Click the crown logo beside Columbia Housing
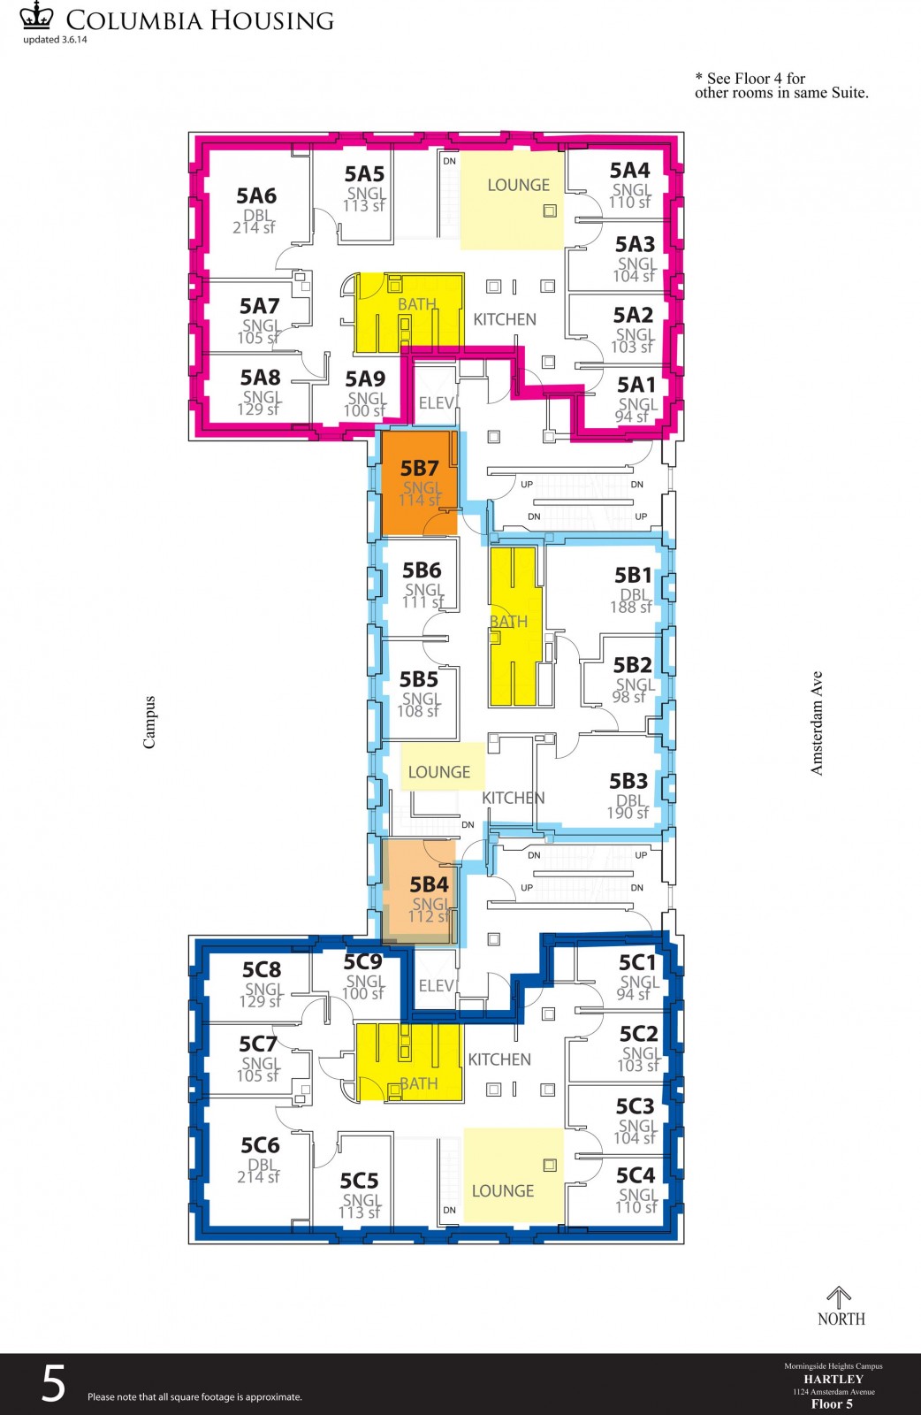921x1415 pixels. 36,16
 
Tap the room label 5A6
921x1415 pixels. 256,195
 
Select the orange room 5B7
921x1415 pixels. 419,482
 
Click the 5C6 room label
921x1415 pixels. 260,1145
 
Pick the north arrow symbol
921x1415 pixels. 839,1297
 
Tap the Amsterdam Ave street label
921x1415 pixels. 817,723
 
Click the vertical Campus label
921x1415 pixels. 149,722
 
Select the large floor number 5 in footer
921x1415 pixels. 54,1384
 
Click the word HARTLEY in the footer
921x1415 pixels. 833,1379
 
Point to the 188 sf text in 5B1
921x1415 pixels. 630,608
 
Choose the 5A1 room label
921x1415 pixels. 636,385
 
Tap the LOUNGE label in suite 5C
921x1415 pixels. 503,1191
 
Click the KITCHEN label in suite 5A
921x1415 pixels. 505,319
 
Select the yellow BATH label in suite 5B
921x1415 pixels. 509,622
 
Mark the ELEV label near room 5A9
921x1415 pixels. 437,403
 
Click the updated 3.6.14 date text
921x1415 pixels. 55,39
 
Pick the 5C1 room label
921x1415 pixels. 638,962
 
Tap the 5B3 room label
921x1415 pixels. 628,781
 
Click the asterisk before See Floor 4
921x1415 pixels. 699,78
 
